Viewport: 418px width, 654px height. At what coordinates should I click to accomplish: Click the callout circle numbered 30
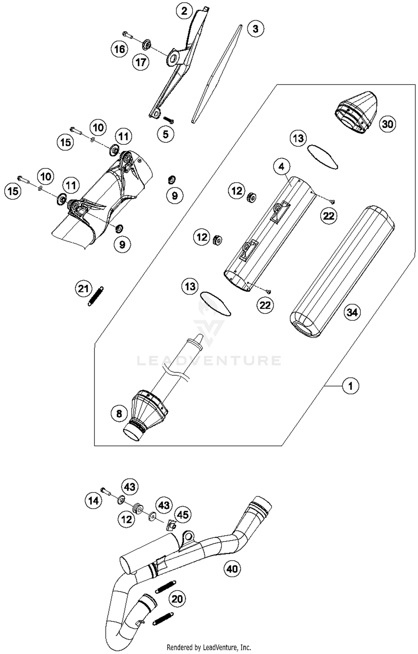(387, 124)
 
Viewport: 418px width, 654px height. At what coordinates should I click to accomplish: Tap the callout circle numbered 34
(352, 312)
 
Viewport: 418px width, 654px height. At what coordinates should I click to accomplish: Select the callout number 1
(351, 386)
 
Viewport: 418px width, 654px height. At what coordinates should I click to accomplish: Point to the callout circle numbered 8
(119, 414)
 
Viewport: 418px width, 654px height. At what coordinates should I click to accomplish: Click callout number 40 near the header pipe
(232, 569)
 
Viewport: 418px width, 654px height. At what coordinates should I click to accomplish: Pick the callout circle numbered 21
(83, 289)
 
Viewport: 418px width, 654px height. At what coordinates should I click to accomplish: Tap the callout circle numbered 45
(183, 515)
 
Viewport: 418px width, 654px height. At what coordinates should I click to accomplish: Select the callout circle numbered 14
(93, 501)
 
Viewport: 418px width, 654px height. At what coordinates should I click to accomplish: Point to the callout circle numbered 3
(256, 29)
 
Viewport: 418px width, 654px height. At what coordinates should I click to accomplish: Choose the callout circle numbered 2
(184, 11)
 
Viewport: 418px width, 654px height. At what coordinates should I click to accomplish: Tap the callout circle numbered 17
(141, 62)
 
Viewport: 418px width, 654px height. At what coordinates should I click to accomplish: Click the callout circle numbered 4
(281, 167)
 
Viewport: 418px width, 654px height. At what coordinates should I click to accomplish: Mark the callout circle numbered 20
(177, 599)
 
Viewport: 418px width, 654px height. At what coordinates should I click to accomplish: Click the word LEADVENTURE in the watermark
(209, 361)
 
